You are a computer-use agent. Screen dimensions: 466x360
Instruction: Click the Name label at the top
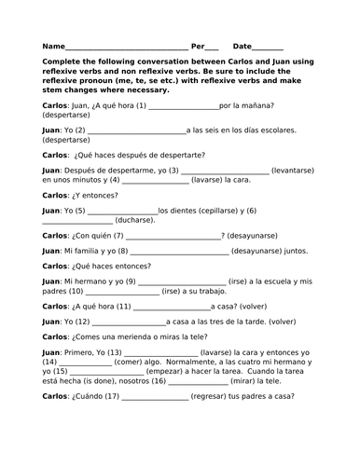click(54, 46)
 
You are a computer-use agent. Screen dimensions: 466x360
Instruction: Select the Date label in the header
click(242, 46)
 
